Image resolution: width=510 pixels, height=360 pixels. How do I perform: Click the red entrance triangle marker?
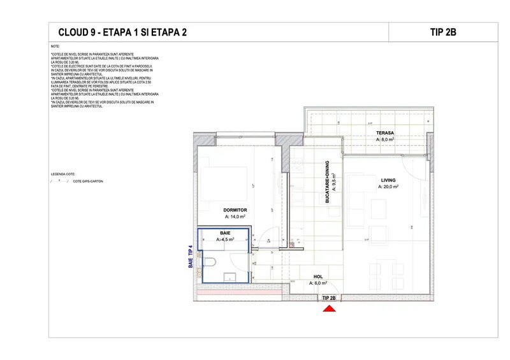tap(329, 308)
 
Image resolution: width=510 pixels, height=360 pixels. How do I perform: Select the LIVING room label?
tap(388, 180)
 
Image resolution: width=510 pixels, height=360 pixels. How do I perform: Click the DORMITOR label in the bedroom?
tap(235, 210)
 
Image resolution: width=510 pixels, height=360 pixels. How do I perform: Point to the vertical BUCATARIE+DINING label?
tap(326, 181)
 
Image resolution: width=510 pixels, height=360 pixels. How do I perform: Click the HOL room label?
tap(318, 277)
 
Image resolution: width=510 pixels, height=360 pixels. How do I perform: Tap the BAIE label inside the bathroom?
tap(224, 233)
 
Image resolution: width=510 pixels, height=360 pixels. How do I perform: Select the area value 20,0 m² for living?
tap(388, 187)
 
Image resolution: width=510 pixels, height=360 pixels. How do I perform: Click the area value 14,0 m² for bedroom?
tap(235, 217)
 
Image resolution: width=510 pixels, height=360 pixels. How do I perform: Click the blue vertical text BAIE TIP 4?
tap(190, 256)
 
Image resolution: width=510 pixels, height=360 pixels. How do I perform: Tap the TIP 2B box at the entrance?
tap(329, 298)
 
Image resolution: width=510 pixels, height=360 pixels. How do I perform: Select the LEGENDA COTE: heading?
tap(62, 173)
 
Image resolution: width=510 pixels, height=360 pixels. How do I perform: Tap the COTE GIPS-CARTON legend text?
tap(88, 182)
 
